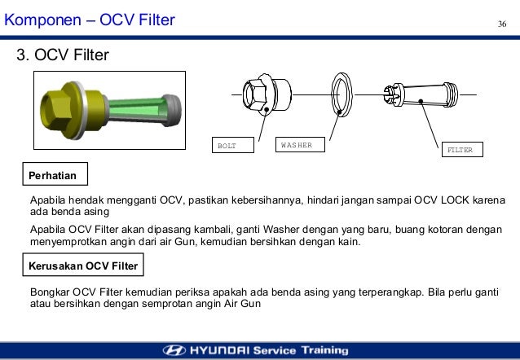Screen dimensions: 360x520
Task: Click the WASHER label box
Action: (299, 145)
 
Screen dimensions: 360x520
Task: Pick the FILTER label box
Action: (462, 150)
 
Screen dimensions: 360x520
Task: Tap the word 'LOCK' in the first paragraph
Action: (453, 200)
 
